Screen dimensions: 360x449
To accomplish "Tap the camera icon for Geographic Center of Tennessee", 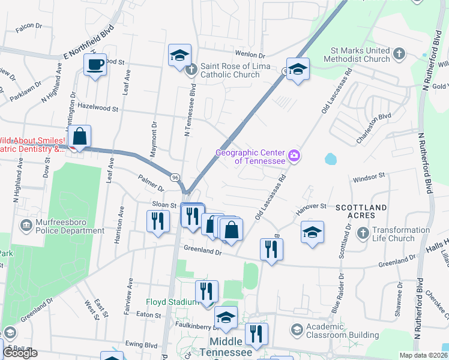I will coord(294,156).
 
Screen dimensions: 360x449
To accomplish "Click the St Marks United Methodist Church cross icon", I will coord(400,55).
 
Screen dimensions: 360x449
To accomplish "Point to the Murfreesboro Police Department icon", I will coord(26,226).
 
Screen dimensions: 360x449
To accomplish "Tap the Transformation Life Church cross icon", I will coord(363,233).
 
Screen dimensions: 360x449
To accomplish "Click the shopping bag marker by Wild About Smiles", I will coord(79,137).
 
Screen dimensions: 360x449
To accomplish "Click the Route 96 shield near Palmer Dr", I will coord(175,178).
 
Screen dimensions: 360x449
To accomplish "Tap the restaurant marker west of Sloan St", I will coord(155,221).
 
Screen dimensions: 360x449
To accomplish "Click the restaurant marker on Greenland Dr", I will coord(271,248).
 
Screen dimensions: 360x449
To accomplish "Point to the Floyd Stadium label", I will coord(174,302).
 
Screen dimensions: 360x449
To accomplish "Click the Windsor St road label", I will coord(369,178).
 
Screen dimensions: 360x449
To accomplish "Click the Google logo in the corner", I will coord(20,353).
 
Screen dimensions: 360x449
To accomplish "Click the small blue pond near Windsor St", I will coord(330,159).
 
